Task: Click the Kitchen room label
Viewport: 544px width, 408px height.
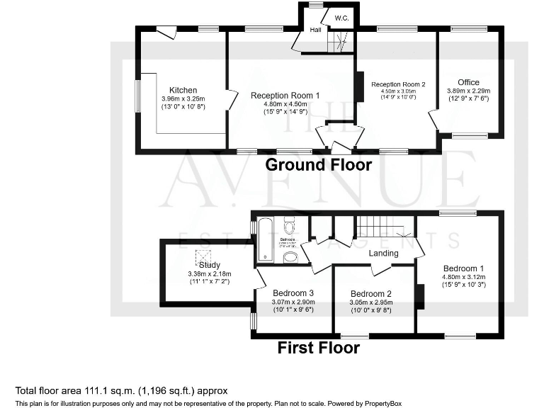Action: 183,90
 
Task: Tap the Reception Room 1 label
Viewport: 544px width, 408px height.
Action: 285,96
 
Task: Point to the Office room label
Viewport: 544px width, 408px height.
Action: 468,83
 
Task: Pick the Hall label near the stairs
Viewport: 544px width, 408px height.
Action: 316,30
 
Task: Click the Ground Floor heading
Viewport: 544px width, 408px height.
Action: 318,165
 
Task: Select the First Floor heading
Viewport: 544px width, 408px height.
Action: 318,348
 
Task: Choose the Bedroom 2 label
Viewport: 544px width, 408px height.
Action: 370,294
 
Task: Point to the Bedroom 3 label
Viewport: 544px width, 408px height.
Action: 293,293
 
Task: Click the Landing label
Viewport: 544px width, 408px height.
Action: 383,253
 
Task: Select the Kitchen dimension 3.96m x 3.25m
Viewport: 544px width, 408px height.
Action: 183,98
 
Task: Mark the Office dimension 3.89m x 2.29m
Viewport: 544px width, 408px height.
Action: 468,91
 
